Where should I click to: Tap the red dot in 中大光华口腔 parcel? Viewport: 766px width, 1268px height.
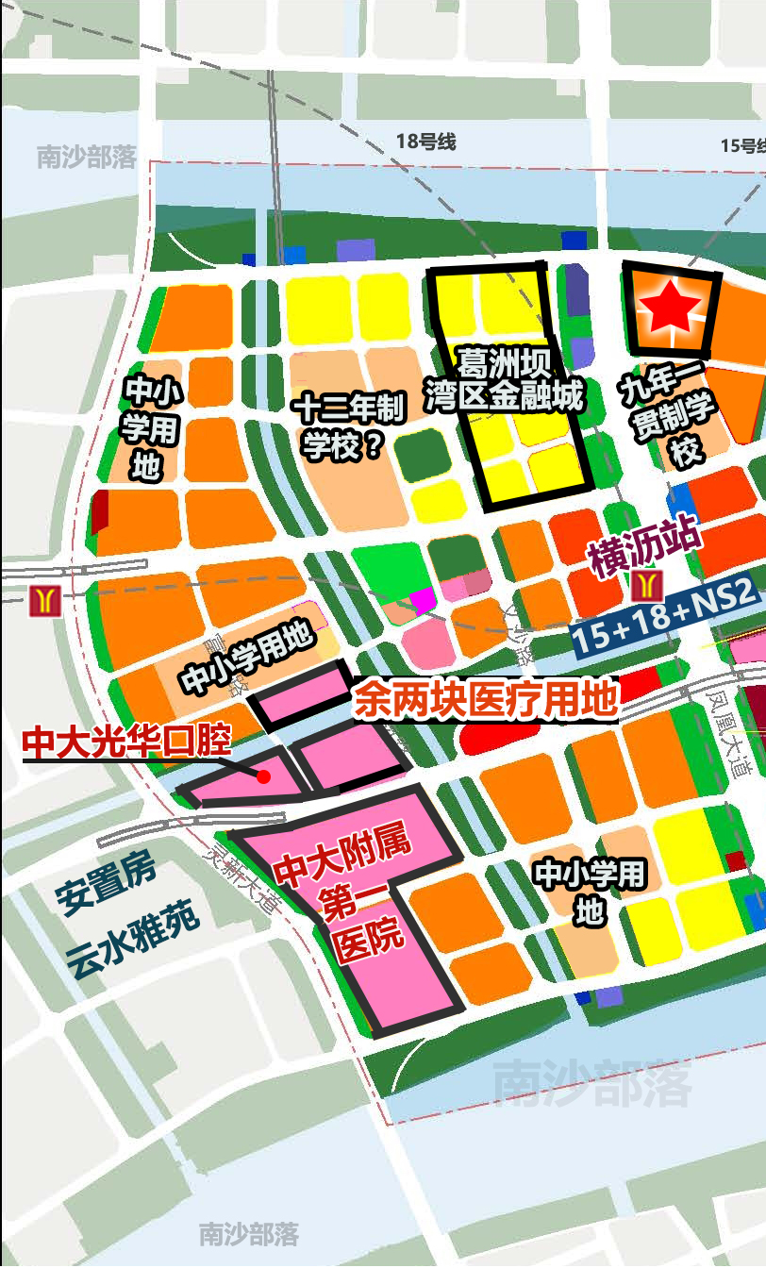click(x=263, y=776)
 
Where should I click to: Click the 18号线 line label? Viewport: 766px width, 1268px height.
click(x=425, y=142)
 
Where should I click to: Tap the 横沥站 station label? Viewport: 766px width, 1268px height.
click(x=646, y=548)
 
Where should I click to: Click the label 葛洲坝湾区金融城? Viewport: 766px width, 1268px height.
click(x=504, y=379)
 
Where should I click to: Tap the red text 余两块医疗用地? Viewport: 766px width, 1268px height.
click(x=486, y=701)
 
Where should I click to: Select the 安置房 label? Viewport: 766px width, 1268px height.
click(x=105, y=884)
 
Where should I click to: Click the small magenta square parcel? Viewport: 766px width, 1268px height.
click(x=422, y=600)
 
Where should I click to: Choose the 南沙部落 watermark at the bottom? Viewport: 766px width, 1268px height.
click(x=248, y=1233)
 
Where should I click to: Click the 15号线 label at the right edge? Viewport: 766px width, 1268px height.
click(x=742, y=145)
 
